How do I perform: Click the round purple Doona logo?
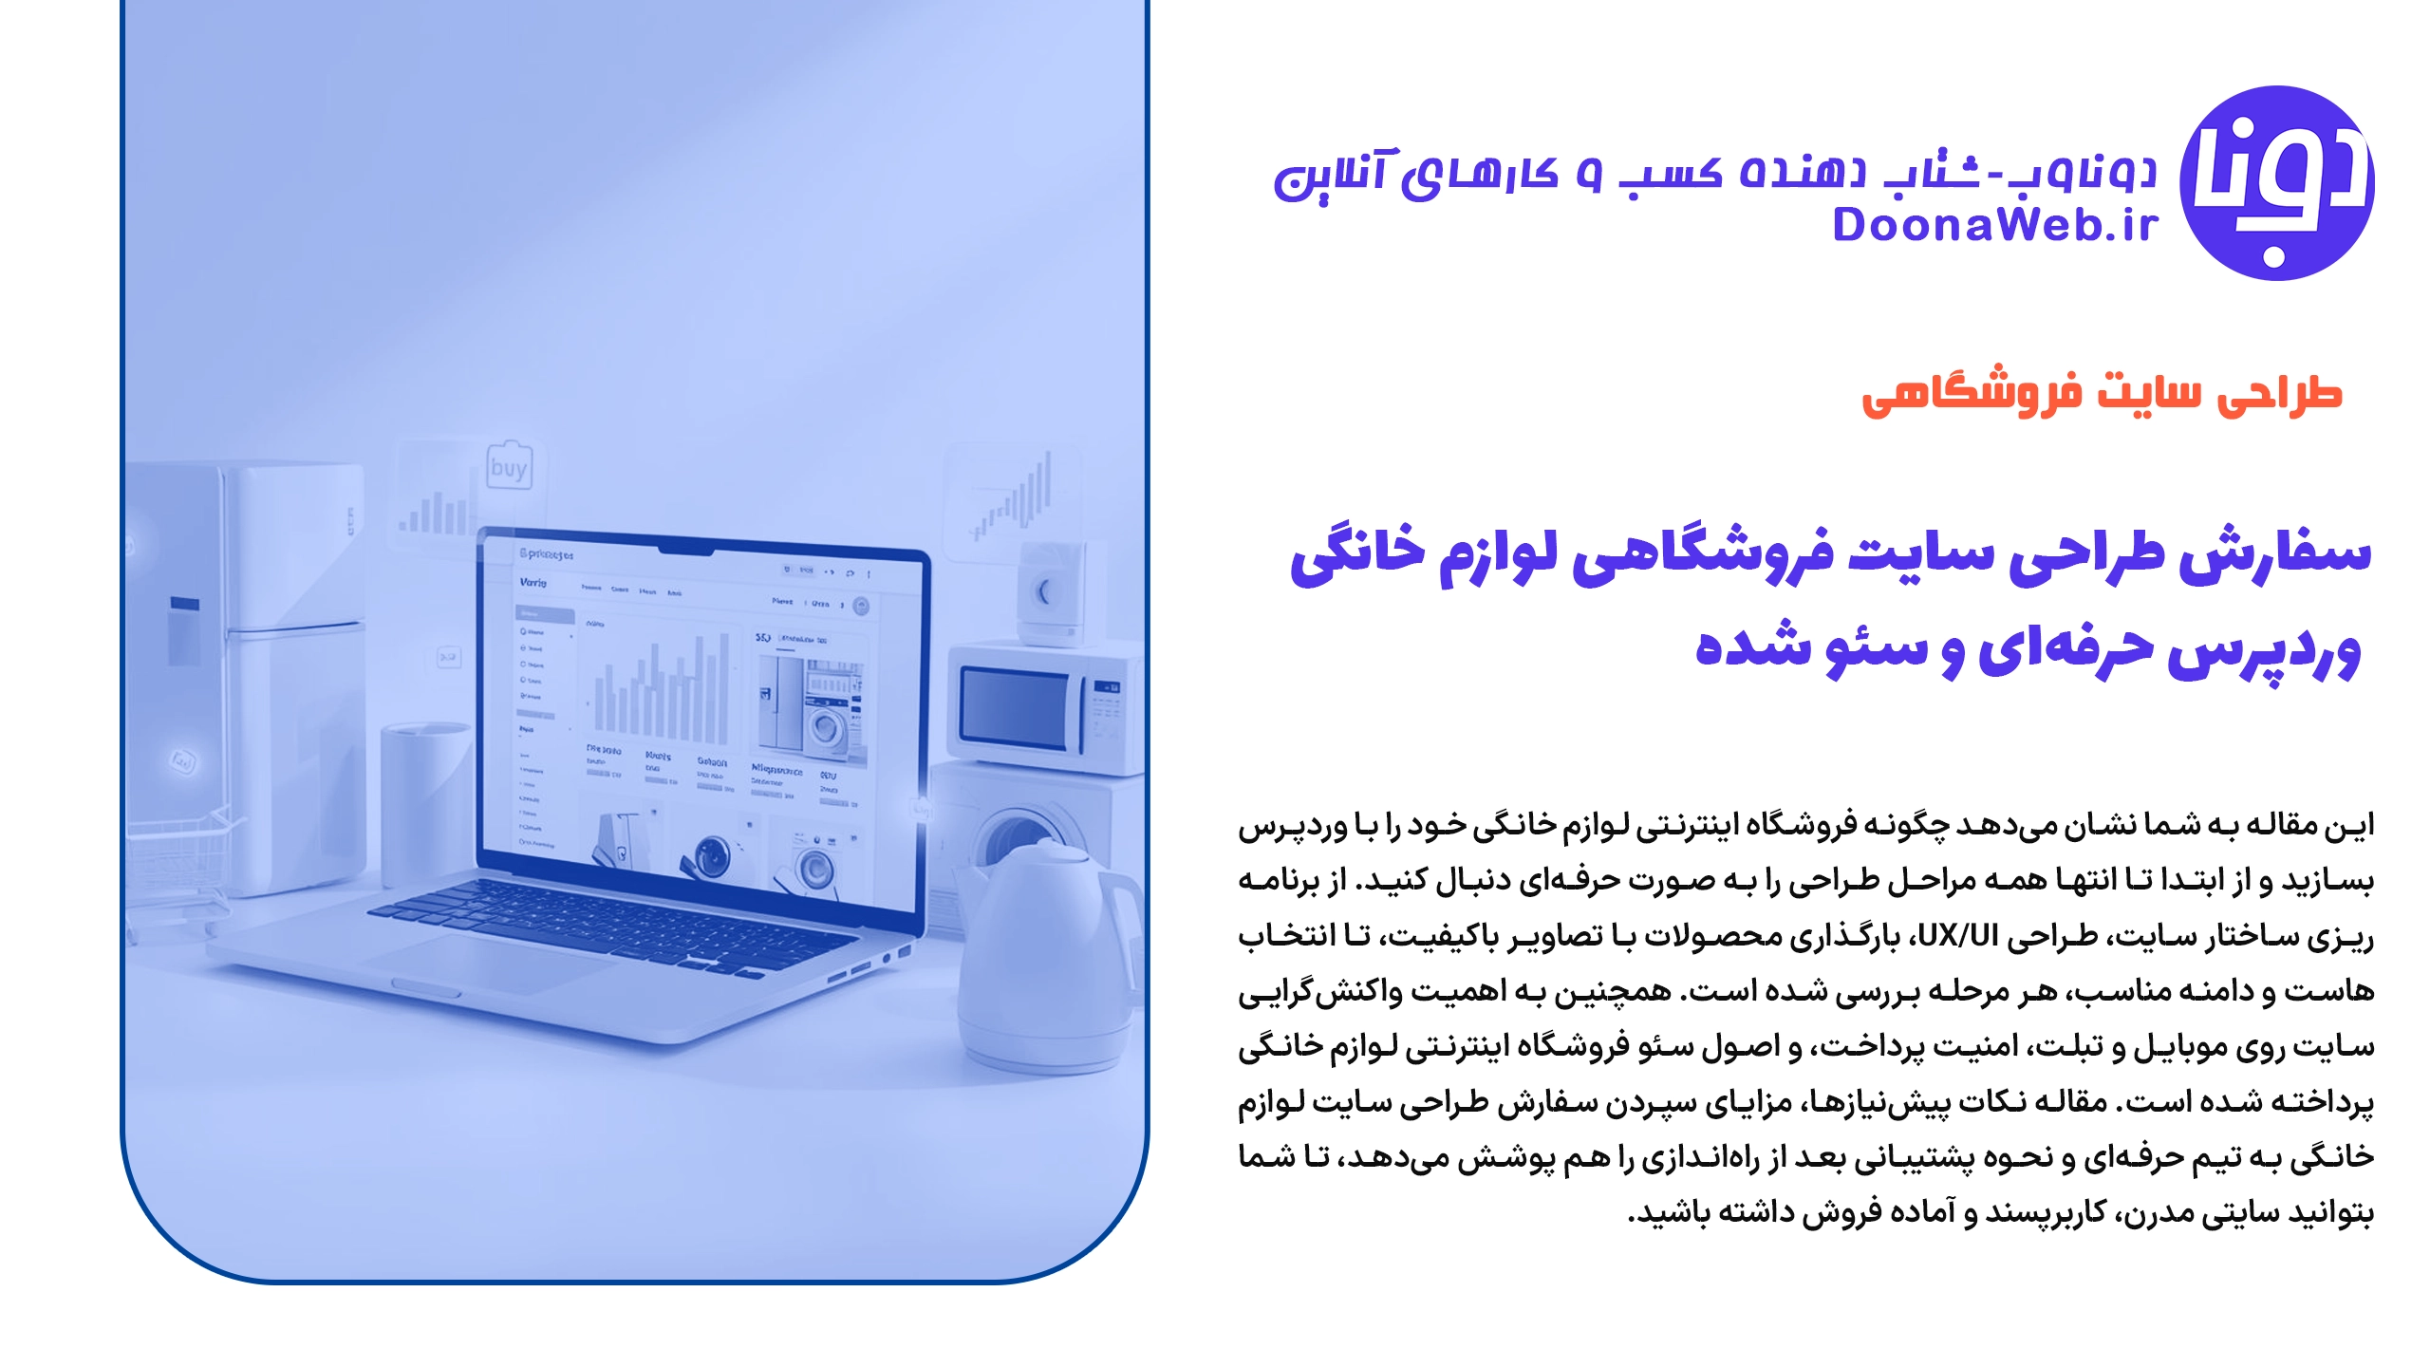pos(2277,183)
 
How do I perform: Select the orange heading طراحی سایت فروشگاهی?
pos(2102,394)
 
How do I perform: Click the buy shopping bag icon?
pos(509,465)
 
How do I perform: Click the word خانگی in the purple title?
pos(1357,555)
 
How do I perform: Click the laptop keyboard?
pos(626,916)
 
